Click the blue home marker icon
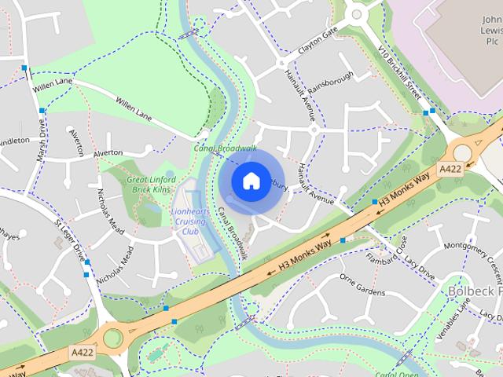pyautogui.click(x=251, y=181)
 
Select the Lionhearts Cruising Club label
pyautogui.click(x=189, y=221)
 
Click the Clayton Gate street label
pyautogui.click(x=317, y=40)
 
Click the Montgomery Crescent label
pyautogui.click(x=472, y=256)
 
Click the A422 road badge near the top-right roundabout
pyautogui.click(x=450, y=169)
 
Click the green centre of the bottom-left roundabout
pyautogui.click(x=112, y=339)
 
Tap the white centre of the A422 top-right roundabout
pyautogui.click(x=463, y=152)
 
